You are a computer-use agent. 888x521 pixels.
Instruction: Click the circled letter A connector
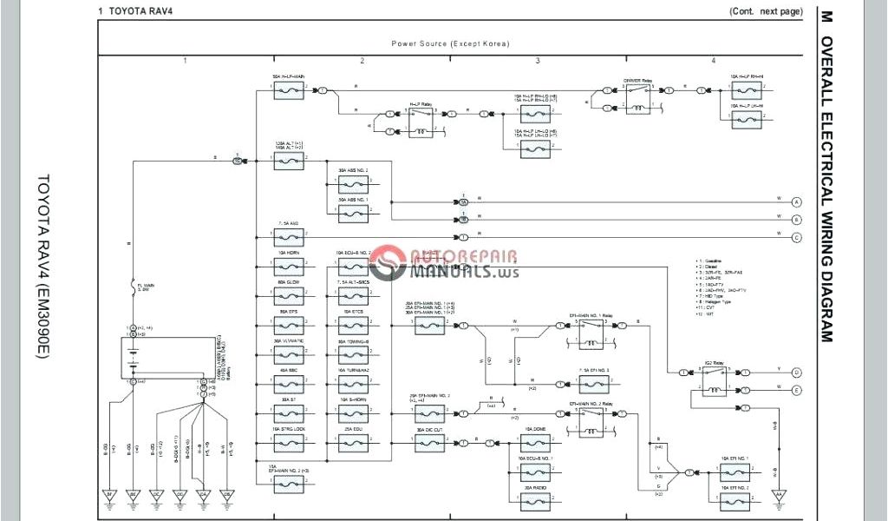coord(796,201)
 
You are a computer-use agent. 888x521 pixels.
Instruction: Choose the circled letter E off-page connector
coord(796,391)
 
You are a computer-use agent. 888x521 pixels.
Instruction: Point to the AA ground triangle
coord(778,496)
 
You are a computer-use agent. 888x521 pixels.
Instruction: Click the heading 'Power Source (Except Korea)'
coord(450,43)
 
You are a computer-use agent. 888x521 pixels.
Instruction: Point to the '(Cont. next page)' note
coord(766,11)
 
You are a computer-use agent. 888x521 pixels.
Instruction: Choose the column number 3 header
coord(538,61)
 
